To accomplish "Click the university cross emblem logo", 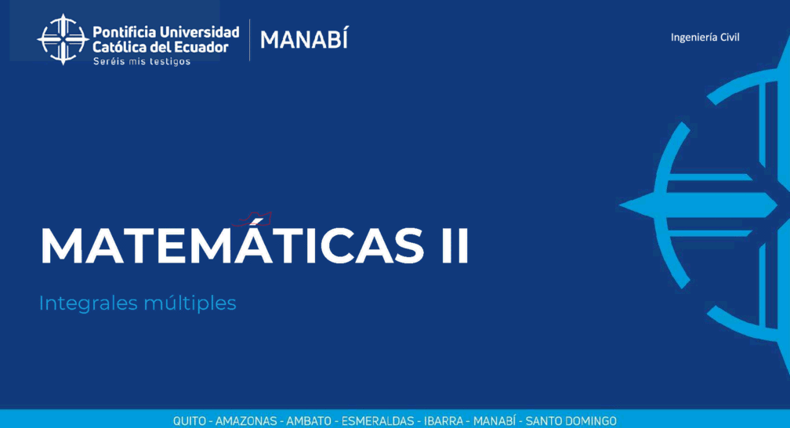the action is tap(63, 39).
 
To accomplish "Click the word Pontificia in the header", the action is tap(124, 32).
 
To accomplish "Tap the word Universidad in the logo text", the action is tap(200, 32).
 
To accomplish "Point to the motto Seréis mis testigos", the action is tap(142, 61).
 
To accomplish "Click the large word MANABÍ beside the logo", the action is tap(304, 39).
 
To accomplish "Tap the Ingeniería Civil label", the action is tap(705, 38).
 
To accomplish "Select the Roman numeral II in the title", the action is tap(455, 245).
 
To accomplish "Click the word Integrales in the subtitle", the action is tap(88, 303).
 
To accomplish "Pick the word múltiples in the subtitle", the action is tap(190, 303).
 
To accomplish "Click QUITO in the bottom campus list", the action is tap(190, 421).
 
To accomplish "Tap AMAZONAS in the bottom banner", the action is tap(246, 421).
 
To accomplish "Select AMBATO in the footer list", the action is tap(309, 421).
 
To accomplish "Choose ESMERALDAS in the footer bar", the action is tap(378, 421).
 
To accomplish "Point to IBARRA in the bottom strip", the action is tap(444, 421).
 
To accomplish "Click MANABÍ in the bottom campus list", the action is tap(495, 421).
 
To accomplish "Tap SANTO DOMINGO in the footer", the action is tap(571, 421).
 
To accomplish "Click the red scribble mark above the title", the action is tap(253, 219).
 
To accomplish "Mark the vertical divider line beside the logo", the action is tap(249, 40).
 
